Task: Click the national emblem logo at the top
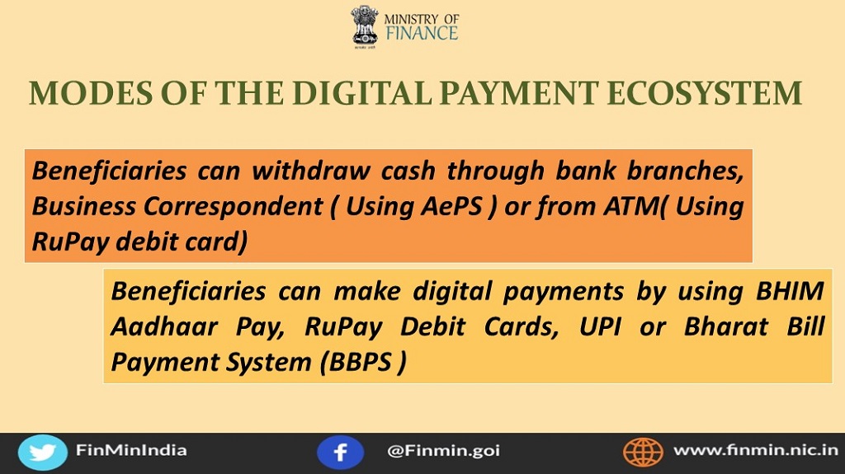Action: pos(365,26)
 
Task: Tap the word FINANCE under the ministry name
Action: pos(422,34)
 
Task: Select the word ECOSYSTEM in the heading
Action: pos(705,92)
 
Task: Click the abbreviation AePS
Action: pos(451,206)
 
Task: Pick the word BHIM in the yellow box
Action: pos(790,291)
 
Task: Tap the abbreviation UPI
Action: pos(600,326)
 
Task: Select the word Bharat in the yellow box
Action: pos(726,326)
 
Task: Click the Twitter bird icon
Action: pos(43,453)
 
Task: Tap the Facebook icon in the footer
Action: pos(340,453)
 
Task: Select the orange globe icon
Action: pos(643,453)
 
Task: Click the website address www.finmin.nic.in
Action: pos(756,450)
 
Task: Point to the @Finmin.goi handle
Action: pos(443,451)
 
